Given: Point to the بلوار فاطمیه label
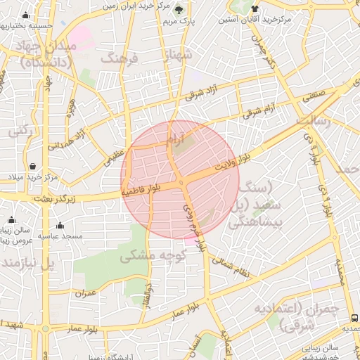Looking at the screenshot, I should pyautogui.click(x=141, y=189).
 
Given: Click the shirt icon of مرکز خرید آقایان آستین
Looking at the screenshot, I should pyautogui.click(x=254, y=9).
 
